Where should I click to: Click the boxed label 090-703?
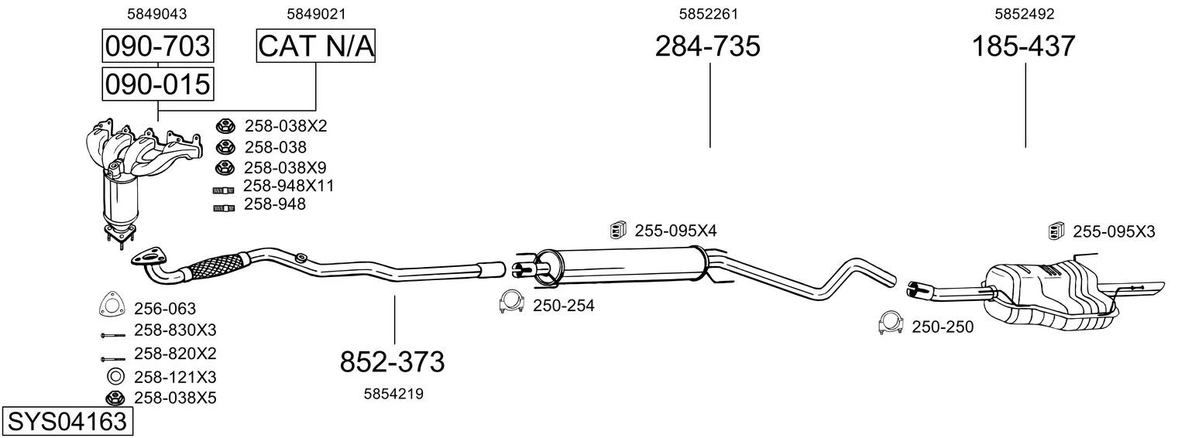[158, 46]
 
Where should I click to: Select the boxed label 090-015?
[158, 84]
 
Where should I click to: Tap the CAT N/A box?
[316, 46]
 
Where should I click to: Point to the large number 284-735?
[708, 46]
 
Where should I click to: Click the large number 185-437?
[1024, 46]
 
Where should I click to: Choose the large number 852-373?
[393, 362]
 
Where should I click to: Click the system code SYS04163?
[67, 422]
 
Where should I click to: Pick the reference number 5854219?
[393, 394]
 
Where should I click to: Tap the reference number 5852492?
[1025, 14]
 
